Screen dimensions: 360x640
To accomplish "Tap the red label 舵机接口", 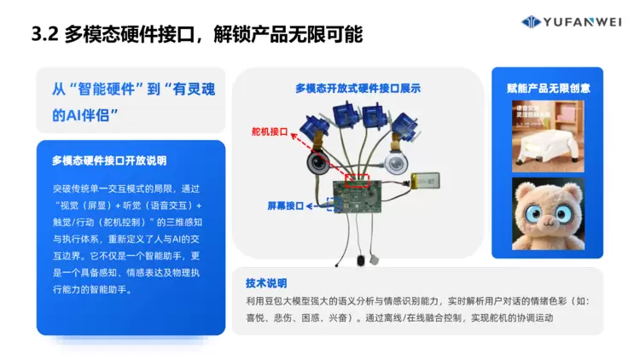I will [x=269, y=133].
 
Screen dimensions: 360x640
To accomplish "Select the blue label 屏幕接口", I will [x=285, y=206].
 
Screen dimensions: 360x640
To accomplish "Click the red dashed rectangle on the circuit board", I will [x=356, y=180].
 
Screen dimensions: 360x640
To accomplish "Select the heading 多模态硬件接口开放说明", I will [x=109, y=160].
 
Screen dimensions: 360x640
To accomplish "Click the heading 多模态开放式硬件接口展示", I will [x=358, y=87].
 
